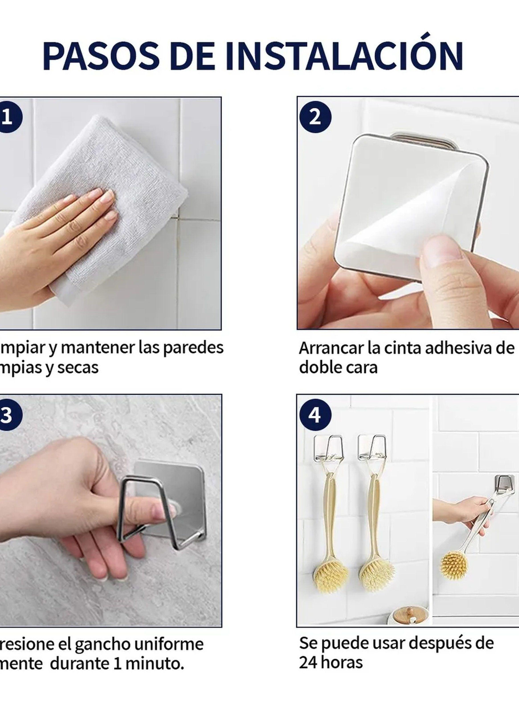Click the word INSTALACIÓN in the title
pos(344,56)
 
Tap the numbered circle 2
pos(315,117)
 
